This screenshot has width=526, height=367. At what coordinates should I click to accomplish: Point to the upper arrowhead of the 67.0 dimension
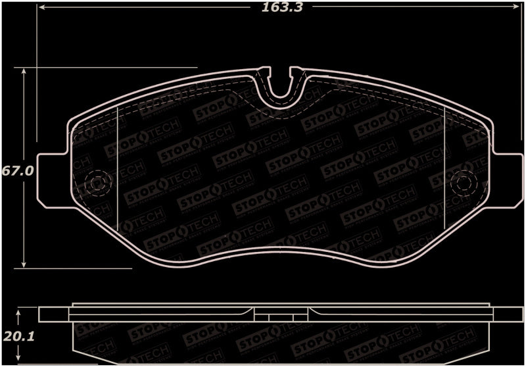25,71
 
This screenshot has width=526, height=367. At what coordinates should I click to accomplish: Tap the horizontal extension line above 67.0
112,67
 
